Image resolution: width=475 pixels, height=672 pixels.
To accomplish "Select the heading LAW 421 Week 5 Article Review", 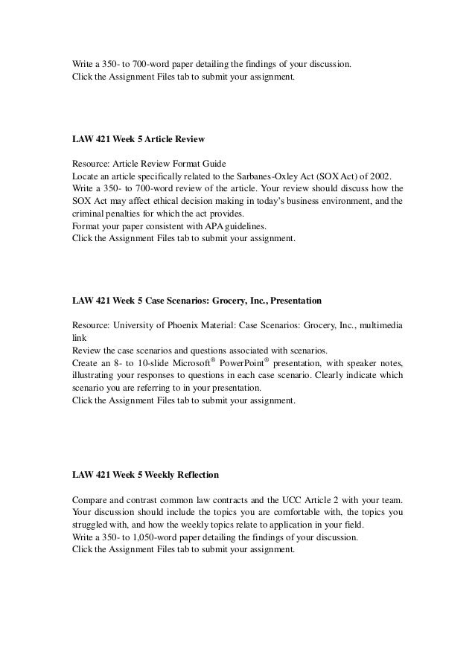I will click(x=138, y=139).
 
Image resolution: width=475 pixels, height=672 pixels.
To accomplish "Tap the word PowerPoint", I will click(x=270, y=363).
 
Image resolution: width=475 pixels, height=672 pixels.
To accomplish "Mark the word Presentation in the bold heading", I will click(x=296, y=301).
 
